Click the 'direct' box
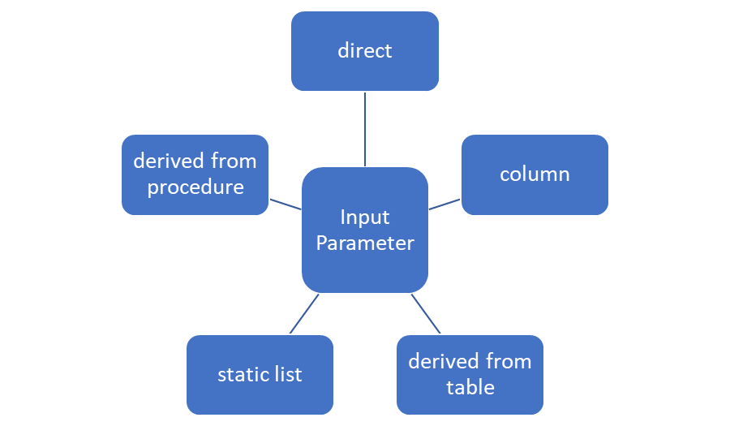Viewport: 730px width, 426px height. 365,51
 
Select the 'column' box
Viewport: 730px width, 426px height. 535,174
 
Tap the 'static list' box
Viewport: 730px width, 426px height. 260,375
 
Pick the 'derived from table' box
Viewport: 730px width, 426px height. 470,375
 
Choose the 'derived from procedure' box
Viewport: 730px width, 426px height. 195,174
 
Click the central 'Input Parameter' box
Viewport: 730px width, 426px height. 365,230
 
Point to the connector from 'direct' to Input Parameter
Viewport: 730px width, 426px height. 365,129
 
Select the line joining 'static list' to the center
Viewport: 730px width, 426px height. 304,313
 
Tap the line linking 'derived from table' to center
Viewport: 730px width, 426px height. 426,313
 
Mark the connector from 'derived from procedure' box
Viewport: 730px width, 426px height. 286,204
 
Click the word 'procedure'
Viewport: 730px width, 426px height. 195,187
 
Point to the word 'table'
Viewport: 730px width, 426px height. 470,387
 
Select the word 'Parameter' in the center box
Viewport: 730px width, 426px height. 365,243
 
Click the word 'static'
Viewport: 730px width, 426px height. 243,375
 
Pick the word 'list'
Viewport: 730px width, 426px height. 288,374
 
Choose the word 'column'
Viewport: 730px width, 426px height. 535,174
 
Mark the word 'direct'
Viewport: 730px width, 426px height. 365,50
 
